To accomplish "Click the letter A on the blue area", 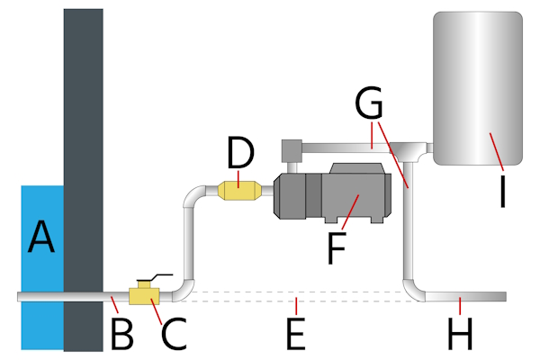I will point(41,238).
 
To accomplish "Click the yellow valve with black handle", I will point(145,294).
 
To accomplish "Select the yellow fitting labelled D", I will point(240,190).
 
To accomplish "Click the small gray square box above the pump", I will point(291,150).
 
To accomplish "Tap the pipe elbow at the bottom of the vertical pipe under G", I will point(411,289).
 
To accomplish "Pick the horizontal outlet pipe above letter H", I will point(468,296).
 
